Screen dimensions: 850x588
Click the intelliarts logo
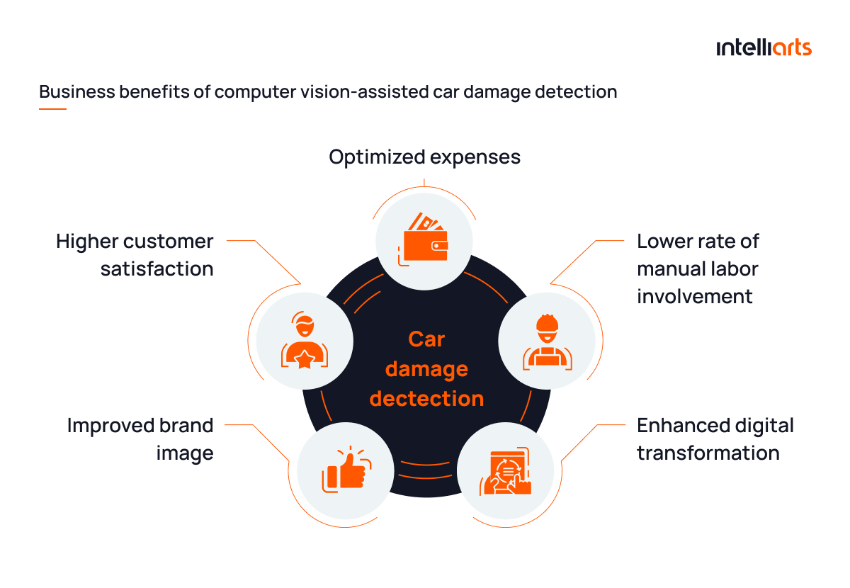[x=764, y=48]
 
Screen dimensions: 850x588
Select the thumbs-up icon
[x=346, y=469]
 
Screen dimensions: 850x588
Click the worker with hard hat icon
[x=547, y=342]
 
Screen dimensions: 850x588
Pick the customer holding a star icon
[x=305, y=340]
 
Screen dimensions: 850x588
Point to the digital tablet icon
[x=505, y=471]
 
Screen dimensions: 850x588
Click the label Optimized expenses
[x=424, y=157]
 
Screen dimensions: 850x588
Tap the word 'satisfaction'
[x=157, y=268]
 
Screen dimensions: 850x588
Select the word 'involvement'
[x=694, y=296]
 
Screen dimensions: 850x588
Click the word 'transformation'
[x=708, y=453]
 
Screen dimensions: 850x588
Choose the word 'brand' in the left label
[x=186, y=425]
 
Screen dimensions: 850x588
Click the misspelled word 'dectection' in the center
[x=426, y=399]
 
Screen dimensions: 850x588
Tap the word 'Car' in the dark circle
[x=426, y=339]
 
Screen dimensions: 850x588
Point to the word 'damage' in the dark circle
[x=426, y=369]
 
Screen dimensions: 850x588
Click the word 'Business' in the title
[x=77, y=92]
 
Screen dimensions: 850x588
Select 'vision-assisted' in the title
[x=365, y=92]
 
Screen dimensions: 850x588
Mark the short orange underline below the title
[x=52, y=109]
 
